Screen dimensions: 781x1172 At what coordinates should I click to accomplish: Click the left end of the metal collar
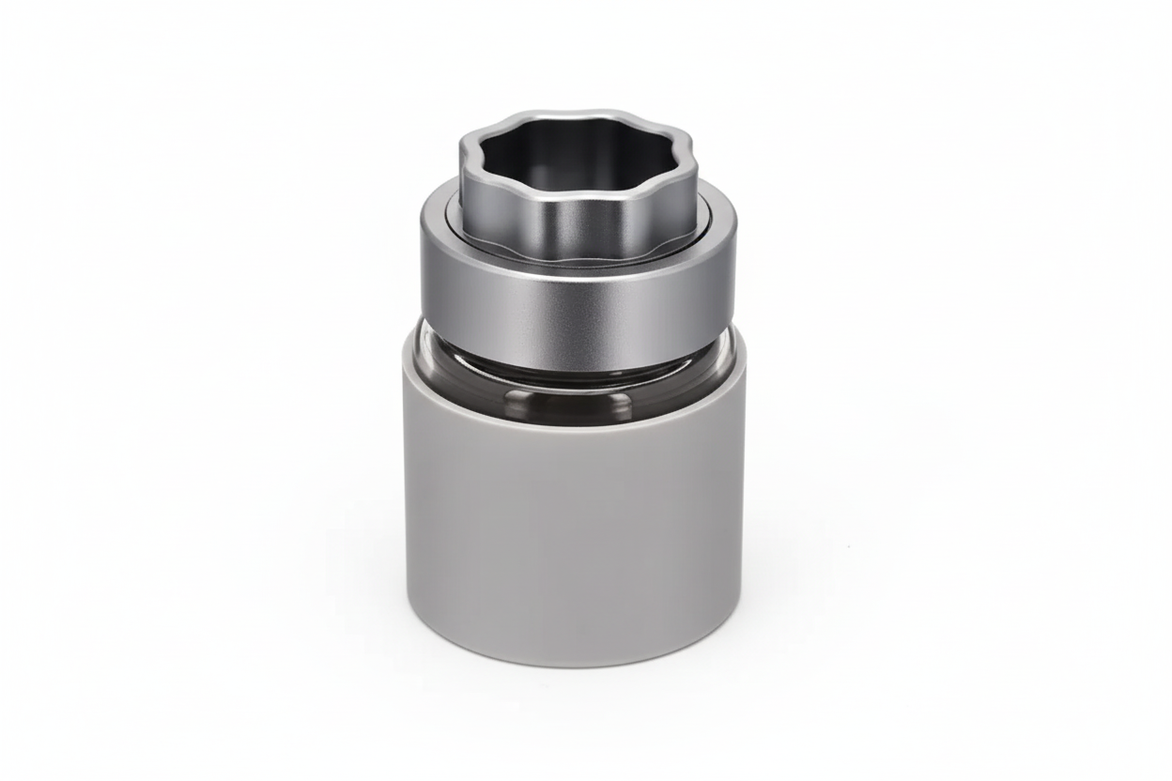pos(425,282)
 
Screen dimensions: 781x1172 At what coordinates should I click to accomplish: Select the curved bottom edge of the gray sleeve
pos(575,665)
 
